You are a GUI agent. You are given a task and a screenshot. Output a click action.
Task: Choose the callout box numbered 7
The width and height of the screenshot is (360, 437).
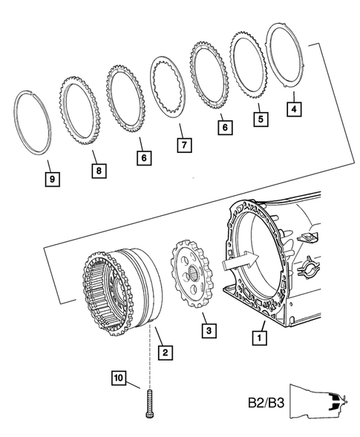pyautogui.click(x=183, y=145)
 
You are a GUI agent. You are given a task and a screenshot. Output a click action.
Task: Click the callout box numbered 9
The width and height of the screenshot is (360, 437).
pyautogui.click(x=53, y=179)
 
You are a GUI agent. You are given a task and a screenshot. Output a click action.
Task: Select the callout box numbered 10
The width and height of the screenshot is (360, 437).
pyautogui.click(x=120, y=378)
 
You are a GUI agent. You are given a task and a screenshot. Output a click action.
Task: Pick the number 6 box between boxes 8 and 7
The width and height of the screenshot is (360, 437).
pyautogui.click(x=141, y=157)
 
